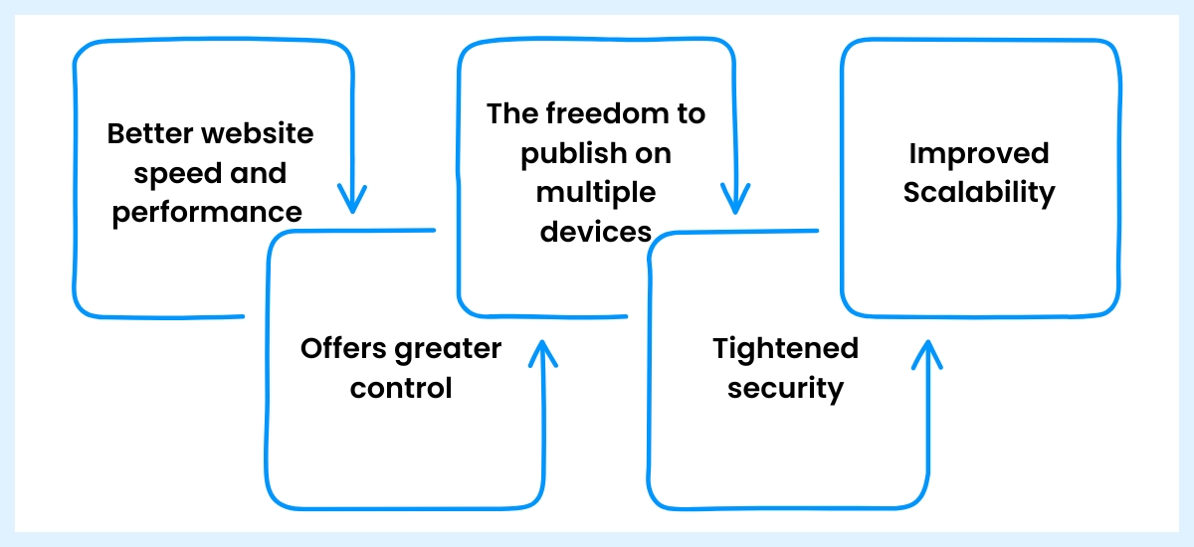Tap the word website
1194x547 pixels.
(x=261, y=133)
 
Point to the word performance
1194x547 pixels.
(x=207, y=212)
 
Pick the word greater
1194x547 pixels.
(x=448, y=350)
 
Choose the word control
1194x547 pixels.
(x=401, y=387)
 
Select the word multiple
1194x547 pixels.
(x=596, y=193)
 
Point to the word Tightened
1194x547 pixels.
(x=785, y=348)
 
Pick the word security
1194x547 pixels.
(x=785, y=388)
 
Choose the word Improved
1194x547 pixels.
(x=979, y=154)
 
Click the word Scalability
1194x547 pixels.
(x=979, y=193)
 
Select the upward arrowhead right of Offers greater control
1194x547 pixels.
(x=543, y=354)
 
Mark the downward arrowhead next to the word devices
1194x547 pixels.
(x=734, y=198)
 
